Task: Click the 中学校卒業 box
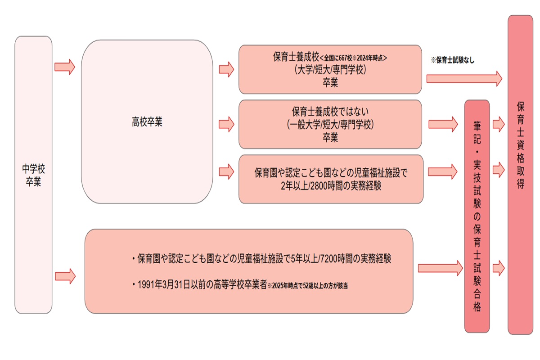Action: click(x=34, y=175)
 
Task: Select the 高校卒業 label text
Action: click(x=147, y=122)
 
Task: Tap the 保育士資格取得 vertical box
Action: click(x=521, y=175)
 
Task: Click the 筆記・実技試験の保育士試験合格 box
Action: click(x=477, y=216)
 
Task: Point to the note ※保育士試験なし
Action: click(x=452, y=59)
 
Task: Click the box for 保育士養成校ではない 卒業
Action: click(x=330, y=124)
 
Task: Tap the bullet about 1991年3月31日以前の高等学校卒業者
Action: click(x=202, y=285)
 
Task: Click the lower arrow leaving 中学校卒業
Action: click(x=64, y=274)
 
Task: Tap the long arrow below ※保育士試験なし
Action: click(x=464, y=79)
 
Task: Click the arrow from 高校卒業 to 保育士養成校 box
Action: click(x=226, y=69)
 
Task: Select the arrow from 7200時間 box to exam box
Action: click(x=440, y=268)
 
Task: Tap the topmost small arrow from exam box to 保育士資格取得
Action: click(x=499, y=124)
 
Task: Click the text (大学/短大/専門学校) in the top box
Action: click(x=330, y=70)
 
